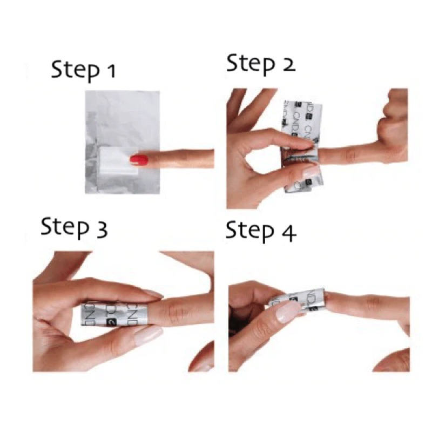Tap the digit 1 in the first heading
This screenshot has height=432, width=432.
pyautogui.click(x=111, y=71)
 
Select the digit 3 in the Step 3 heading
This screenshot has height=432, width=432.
pyautogui.click(x=102, y=230)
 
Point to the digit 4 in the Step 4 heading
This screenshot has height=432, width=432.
pyautogui.click(x=288, y=234)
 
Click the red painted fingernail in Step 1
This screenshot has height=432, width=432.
pyautogui.click(x=139, y=160)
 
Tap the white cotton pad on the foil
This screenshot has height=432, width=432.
pyautogui.click(x=119, y=160)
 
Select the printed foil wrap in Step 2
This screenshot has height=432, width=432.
pyautogui.click(x=302, y=146)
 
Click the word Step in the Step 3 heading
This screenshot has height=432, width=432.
pyautogui.click(x=65, y=228)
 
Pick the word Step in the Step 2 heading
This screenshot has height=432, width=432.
pyautogui.click(x=251, y=64)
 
